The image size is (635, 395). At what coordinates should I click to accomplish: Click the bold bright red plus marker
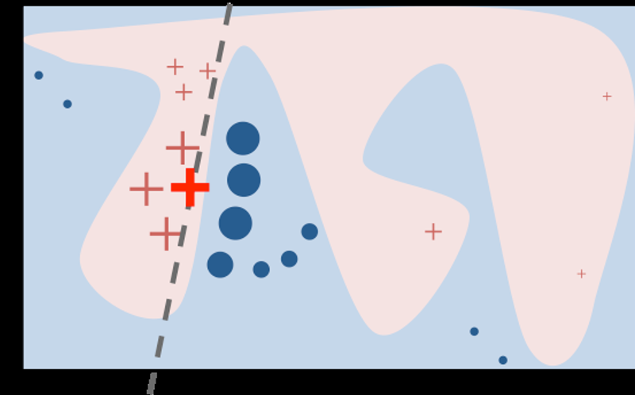click(190, 187)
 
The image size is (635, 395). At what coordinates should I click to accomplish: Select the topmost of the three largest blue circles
click(243, 138)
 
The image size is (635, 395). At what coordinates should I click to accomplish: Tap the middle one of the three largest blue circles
click(244, 180)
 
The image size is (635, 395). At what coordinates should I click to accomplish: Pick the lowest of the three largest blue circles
click(235, 223)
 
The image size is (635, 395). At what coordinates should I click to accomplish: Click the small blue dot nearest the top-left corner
click(38, 75)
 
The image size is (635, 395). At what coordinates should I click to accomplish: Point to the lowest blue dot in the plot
click(502, 360)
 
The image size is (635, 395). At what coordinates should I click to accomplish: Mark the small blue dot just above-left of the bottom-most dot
click(474, 332)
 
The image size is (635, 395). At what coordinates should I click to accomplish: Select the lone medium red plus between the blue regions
click(433, 232)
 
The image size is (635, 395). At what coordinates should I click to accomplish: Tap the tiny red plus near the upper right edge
click(606, 97)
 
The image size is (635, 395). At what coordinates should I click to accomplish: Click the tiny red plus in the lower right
click(581, 274)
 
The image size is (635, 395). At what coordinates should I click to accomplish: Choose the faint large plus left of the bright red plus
click(146, 189)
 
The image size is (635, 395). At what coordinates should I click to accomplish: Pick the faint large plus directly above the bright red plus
click(182, 148)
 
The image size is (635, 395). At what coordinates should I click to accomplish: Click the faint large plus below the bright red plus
click(165, 233)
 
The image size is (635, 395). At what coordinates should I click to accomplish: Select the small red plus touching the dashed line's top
click(207, 71)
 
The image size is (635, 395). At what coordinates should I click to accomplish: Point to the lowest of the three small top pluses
click(183, 92)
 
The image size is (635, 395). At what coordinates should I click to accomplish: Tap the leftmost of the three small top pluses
click(175, 67)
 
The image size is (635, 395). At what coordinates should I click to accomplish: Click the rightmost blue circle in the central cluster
click(310, 232)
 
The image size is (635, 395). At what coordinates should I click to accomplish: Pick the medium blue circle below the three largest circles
click(220, 265)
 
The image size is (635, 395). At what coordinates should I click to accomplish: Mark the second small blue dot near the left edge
click(67, 104)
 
